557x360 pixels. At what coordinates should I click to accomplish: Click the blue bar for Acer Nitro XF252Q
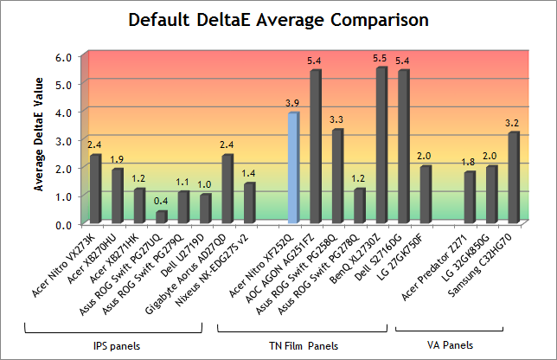click(x=293, y=168)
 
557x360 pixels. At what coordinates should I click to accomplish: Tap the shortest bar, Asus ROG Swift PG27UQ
click(x=161, y=216)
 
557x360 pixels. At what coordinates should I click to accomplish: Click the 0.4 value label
click(x=161, y=202)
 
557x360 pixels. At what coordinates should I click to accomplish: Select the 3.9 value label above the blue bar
click(x=292, y=103)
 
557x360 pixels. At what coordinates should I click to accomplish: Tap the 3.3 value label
click(x=336, y=119)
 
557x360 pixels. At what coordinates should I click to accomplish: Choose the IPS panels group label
click(x=113, y=344)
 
